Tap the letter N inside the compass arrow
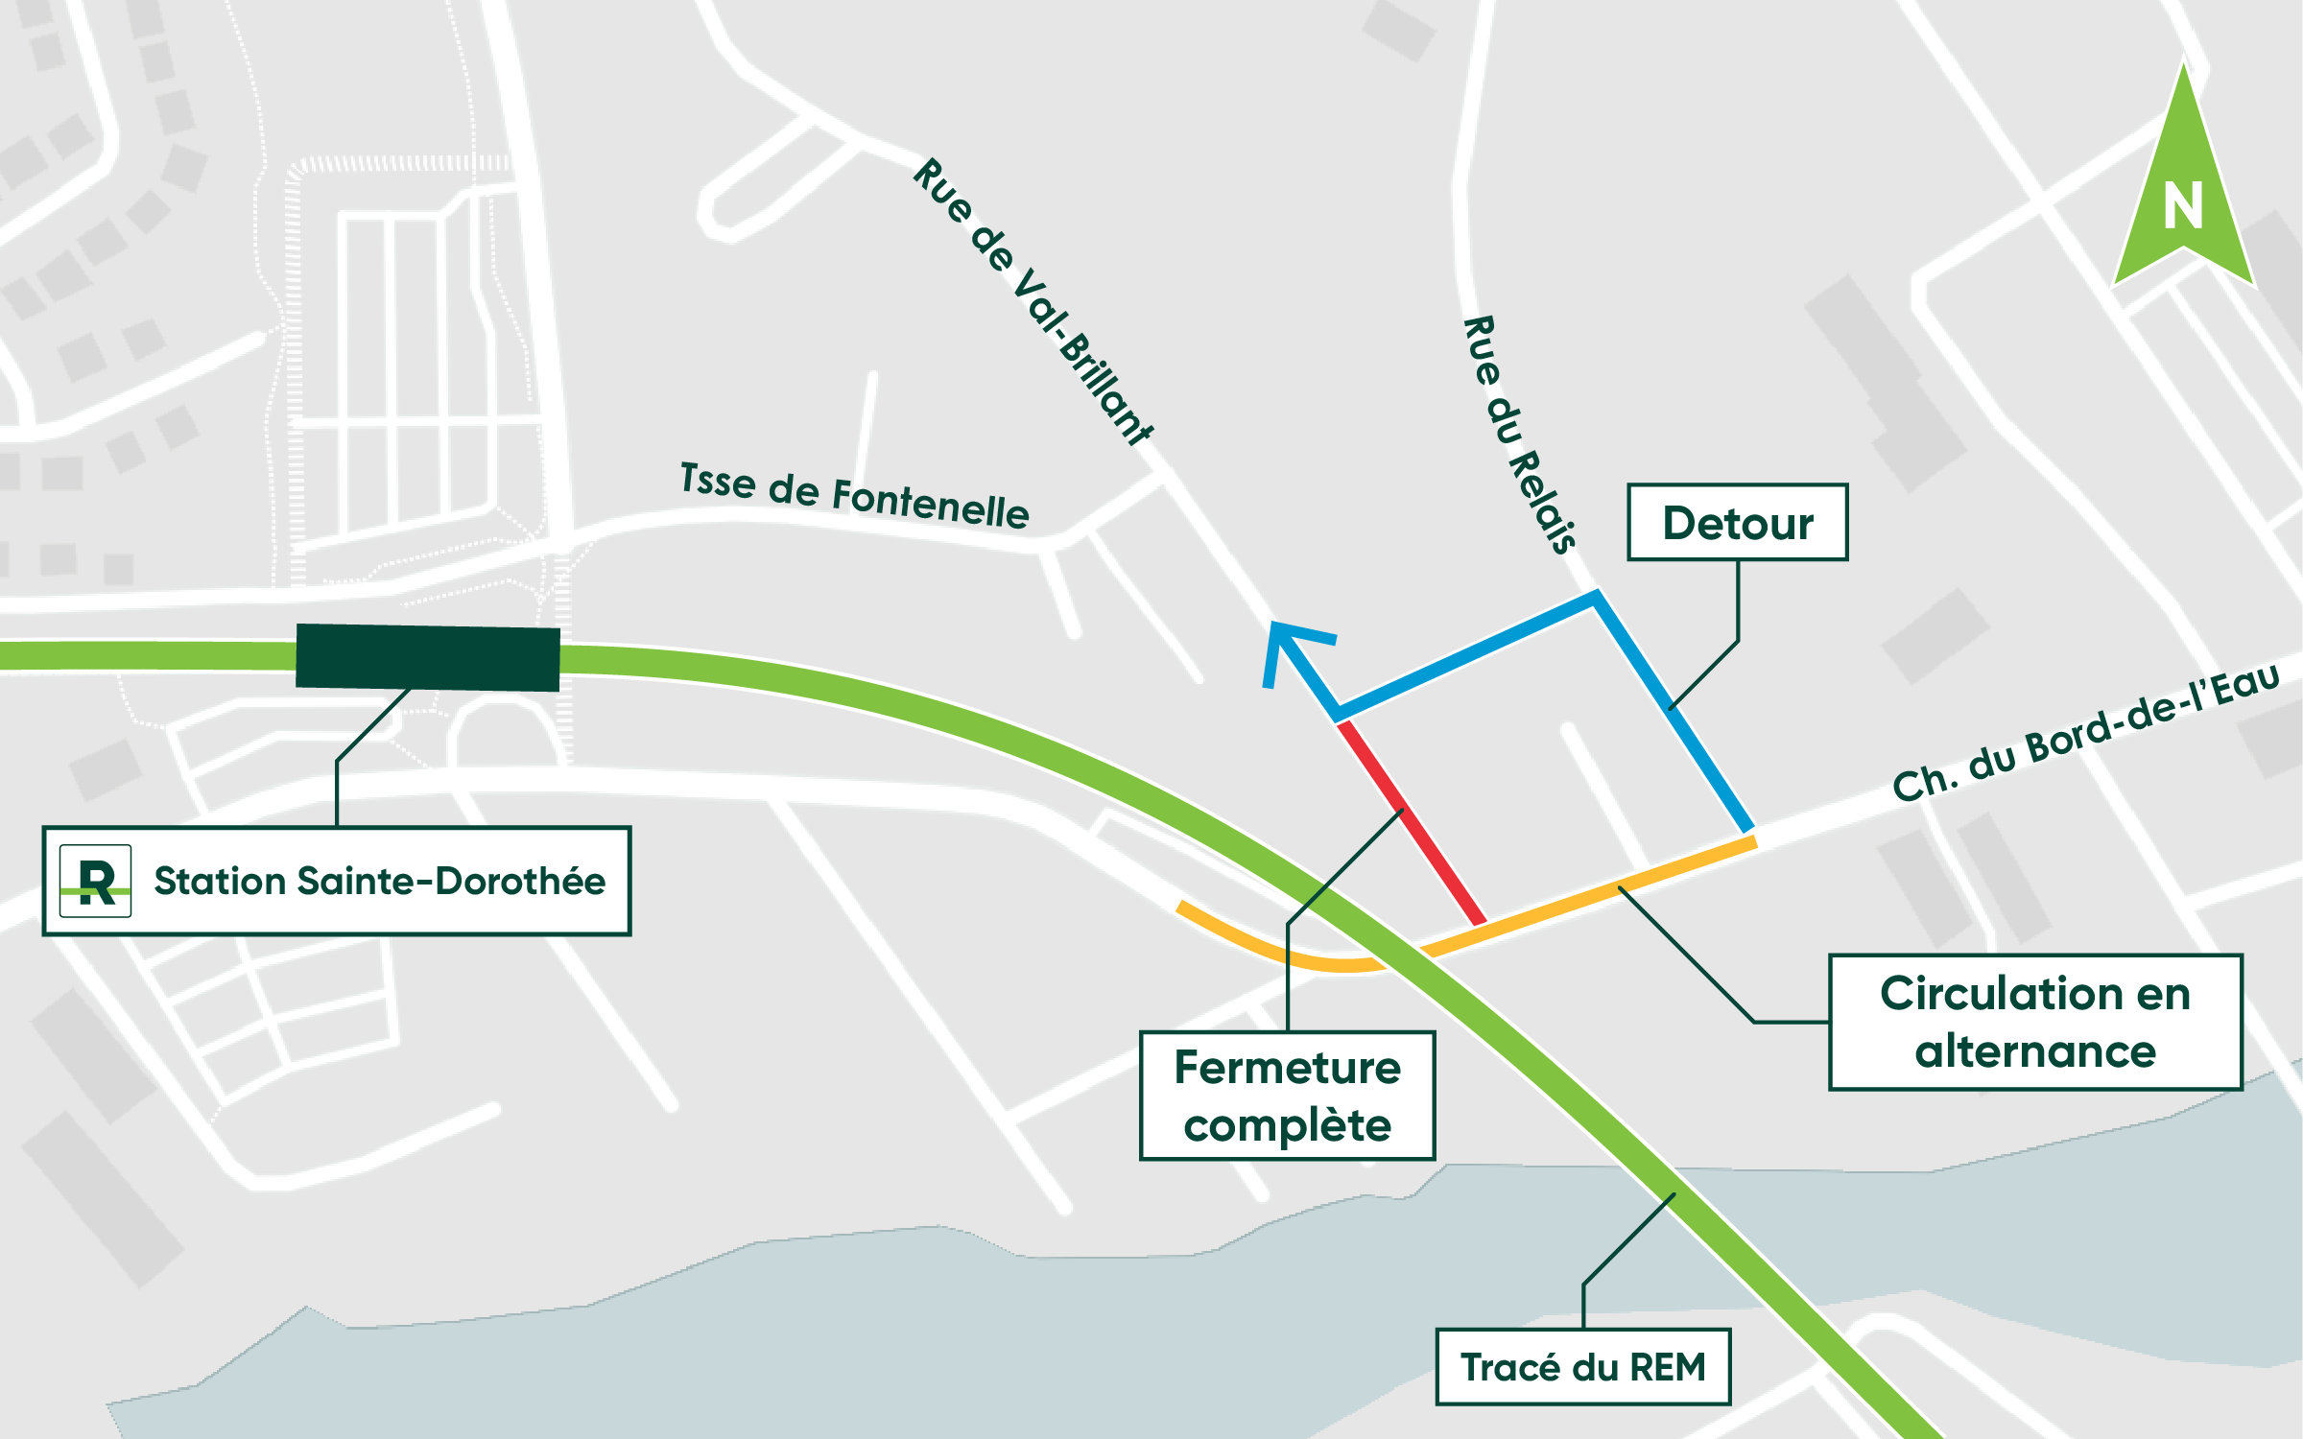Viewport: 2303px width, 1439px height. [2183, 207]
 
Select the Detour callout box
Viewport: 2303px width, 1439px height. [1737, 523]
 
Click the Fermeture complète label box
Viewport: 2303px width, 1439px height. [1287, 1096]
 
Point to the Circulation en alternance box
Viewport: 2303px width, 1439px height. [2035, 1022]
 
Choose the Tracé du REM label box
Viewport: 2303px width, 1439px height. [1582, 1367]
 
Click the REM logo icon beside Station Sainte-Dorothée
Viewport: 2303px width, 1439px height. [95, 881]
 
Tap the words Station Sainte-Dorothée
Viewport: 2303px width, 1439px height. [379, 881]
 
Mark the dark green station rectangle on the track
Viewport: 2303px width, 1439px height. [428, 657]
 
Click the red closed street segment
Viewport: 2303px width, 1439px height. [1411, 823]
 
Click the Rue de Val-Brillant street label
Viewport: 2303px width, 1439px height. [1033, 301]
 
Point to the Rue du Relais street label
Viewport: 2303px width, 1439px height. [1519, 435]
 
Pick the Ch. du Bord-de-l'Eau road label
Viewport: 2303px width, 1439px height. [2084, 733]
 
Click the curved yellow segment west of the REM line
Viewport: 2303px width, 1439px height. [1276, 950]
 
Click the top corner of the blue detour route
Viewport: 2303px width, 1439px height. [1595, 597]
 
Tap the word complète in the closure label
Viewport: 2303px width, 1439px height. [1287, 1126]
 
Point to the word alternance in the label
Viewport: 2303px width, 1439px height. [2035, 1052]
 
